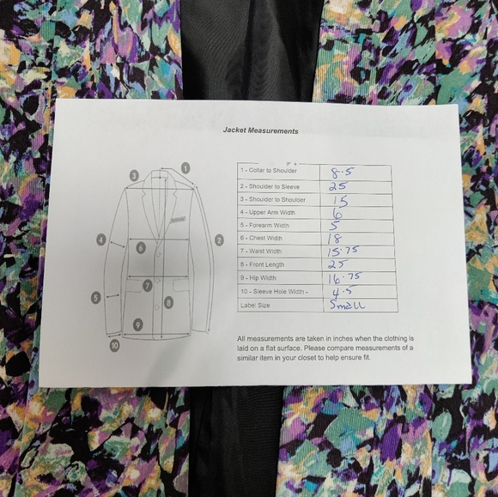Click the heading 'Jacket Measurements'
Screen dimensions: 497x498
coord(260,131)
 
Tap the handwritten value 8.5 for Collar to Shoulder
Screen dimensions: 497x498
coord(341,172)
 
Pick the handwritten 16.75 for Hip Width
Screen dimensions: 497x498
coord(346,278)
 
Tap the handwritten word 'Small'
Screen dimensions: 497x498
coord(347,305)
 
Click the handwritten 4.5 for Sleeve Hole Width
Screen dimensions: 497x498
coord(341,292)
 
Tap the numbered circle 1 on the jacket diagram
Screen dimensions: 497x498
coord(185,168)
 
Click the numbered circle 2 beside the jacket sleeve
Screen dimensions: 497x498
coord(219,239)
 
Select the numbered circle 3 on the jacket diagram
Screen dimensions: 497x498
coord(134,176)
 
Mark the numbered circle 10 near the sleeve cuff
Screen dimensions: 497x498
coord(114,346)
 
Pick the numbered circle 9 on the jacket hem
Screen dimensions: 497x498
coord(137,324)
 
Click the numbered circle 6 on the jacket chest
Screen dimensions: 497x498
coord(140,247)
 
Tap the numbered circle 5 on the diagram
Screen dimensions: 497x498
coord(96,298)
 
